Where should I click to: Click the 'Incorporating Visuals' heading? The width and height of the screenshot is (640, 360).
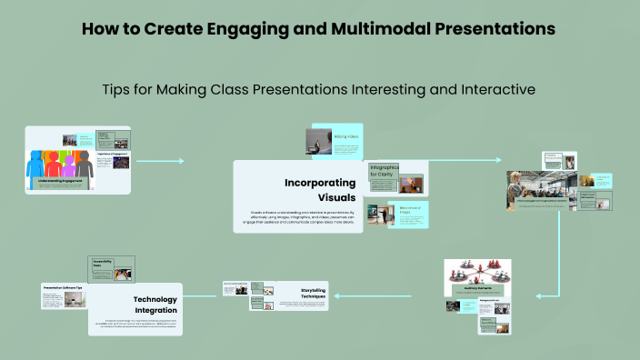(318, 190)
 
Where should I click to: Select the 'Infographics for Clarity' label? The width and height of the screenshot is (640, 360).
(384, 172)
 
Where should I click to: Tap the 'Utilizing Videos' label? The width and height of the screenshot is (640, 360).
(346, 136)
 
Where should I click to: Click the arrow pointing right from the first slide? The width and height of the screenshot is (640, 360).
(182, 162)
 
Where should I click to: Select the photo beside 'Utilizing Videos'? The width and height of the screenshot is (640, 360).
(320, 141)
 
